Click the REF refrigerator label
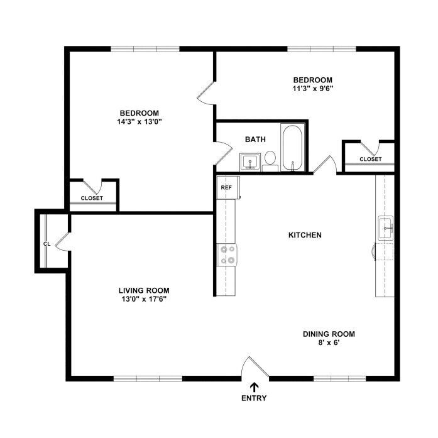coord(226,187)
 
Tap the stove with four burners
coord(227,255)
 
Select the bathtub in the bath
coord(292,148)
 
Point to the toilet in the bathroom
coord(270,162)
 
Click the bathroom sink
coord(250,162)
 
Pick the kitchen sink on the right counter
coord(386,228)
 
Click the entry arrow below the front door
coord(254,388)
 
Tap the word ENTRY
coord(254,398)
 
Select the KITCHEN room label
coord(305,235)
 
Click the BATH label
coord(255,140)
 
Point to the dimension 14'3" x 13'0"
coord(140,122)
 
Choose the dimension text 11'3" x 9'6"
coord(313,89)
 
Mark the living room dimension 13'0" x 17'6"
coord(144,299)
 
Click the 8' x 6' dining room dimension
coord(329,342)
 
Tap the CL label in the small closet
coord(47,244)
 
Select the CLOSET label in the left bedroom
coord(92,198)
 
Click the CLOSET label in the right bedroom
coord(370,159)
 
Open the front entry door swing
coord(255,368)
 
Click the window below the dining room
coord(339,378)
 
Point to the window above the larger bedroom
coord(145,49)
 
